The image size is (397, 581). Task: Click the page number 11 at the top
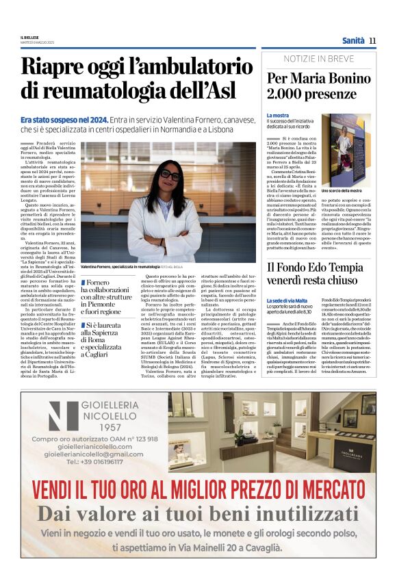(372, 40)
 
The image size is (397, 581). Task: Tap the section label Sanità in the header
(353, 40)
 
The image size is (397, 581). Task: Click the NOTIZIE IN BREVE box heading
(318, 59)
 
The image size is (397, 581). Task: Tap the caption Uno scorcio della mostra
(342, 191)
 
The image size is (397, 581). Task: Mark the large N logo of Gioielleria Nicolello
(63, 415)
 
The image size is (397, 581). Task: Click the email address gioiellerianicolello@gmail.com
(94, 454)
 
